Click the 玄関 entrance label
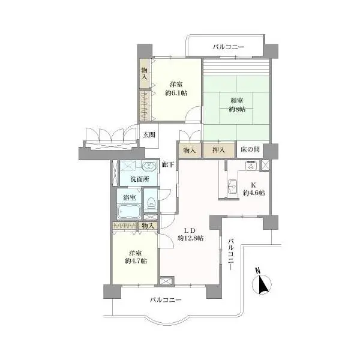coord(149,135)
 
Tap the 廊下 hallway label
coord(168,164)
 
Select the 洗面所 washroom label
coord(140,179)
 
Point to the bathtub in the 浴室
coord(128,212)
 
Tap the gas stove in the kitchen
coord(252,166)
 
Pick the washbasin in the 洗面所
coord(149,167)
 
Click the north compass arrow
coord(262,284)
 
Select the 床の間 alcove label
coord(250,149)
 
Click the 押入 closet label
coord(218,151)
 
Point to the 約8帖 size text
coord(237,110)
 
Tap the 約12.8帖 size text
coord(191,238)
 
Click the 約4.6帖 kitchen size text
coord(254,193)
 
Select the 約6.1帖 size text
coord(176,93)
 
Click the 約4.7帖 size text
coord(136,261)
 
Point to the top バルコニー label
coord(229,47)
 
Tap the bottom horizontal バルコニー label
coord(166,300)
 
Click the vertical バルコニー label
coord(232,254)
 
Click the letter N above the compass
coord(257,271)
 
